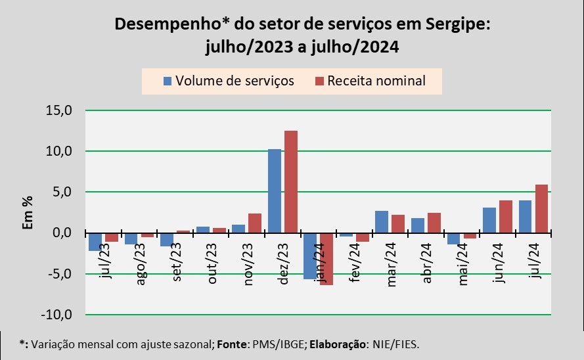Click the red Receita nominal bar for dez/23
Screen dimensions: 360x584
click(x=290, y=182)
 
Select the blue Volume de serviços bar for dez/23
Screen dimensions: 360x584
click(x=275, y=191)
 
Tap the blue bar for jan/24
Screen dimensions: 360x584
click(x=310, y=256)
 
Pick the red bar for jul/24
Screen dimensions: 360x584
click(x=541, y=209)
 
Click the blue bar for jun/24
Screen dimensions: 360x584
click(x=489, y=220)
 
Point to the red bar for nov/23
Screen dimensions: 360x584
click(x=255, y=223)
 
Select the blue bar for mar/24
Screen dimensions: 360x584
click(x=382, y=222)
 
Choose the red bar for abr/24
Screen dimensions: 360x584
click(x=434, y=223)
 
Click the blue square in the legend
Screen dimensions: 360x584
click(x=168, y=81)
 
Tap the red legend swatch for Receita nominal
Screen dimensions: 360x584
click(x=320, y=81)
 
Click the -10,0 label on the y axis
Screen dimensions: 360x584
click(x=63, y=315)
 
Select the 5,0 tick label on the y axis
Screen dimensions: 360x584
click(x=68, y=192)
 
